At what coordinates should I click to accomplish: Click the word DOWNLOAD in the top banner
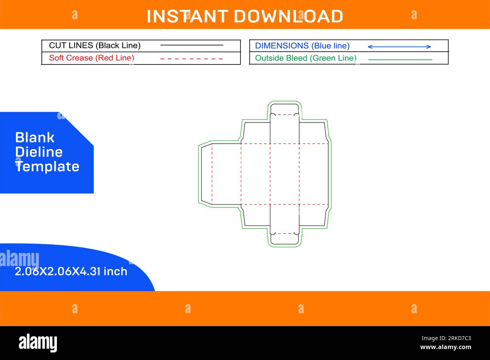pyautogui.click(x=288, y=16)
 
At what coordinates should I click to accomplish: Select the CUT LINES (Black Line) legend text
pyautogui.click(x=95, y=46)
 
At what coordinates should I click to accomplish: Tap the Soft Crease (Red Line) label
pyautogui.click(x=92, y=58)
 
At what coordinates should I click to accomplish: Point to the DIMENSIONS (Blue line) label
pyautogui.click(x=302, y=46)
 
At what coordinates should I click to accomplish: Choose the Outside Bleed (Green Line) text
pyautogui.click(x=306, y=58)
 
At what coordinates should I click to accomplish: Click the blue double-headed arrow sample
pyautogui.click(x=399, y=47)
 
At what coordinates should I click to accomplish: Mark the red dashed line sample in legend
pyautogui.click(x=191, y=59)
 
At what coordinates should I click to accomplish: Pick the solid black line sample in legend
pyautogui.click(x=191, y=45)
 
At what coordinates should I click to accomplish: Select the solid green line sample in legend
pyautogui.click(x=400, y=60)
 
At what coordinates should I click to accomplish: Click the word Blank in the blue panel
pyautogui.click(x=35, y=138)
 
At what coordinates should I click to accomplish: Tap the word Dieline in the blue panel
pyautogui.click(x=39, y=152)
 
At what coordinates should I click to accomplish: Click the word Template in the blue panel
pyautogui.click(x=47, y=167)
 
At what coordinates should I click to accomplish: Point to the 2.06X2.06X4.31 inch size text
pyautogui.click(x=71, y=271)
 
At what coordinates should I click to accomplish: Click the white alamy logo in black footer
pyautogui.click(x=38, y=343)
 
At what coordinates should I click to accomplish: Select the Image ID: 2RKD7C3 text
pyautogui.click(x=446, y=338)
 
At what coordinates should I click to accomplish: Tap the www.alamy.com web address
pyautogui.click(x=446, y=347)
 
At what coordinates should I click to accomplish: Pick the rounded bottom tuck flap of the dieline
pyautogui.click(x=284, y=239)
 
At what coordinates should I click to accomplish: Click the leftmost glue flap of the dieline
pyautogui.click(x=207, y=174)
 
